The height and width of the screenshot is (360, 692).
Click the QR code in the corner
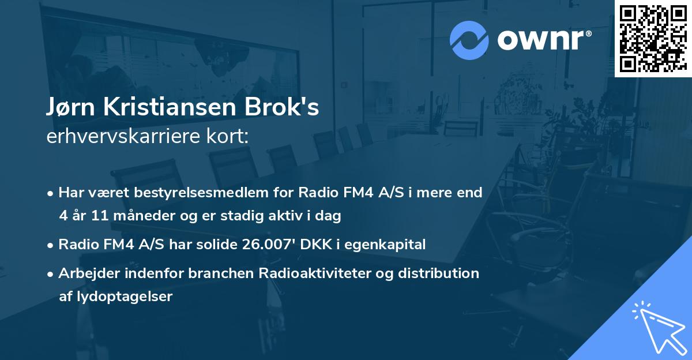[x=653, y=39]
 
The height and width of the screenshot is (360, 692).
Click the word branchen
[x=208, y=273]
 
